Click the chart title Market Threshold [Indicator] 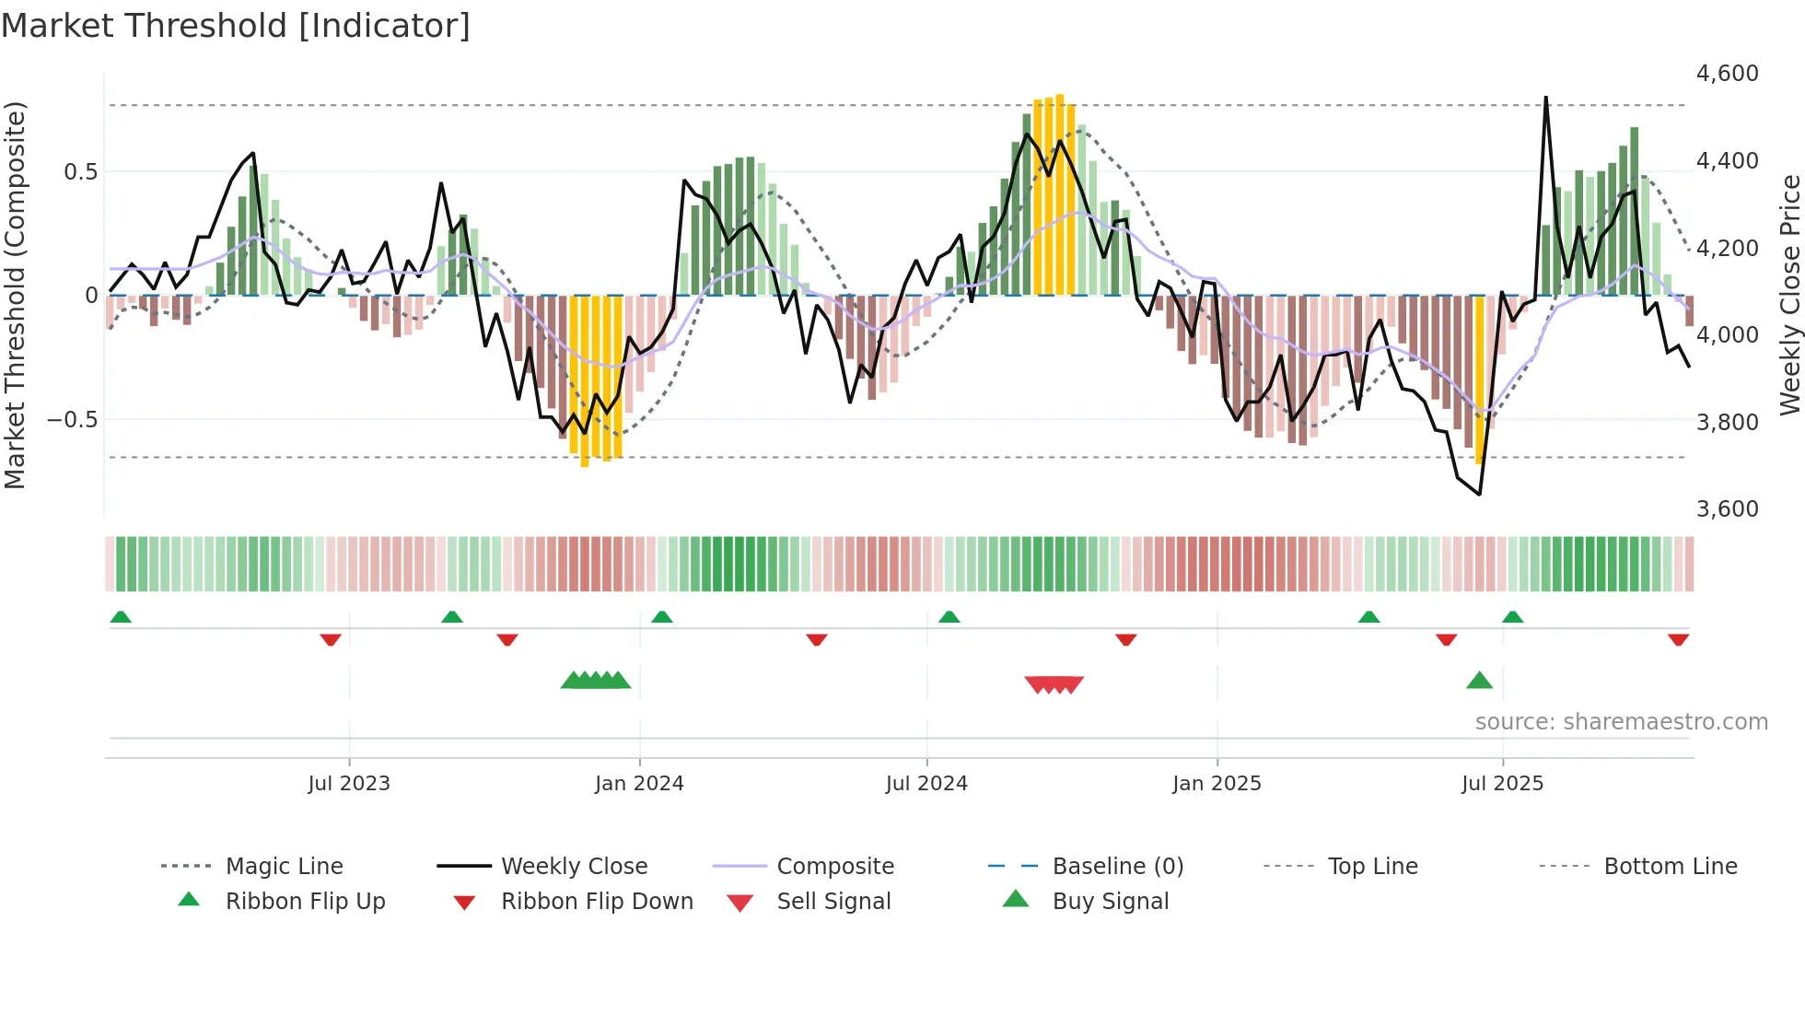(236, 26)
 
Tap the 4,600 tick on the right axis (1727, 74)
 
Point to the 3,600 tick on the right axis (1727, 509)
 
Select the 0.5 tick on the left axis (80, 172)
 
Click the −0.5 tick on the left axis (72, 420)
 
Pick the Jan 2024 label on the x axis (639, 784)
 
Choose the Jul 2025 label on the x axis (1502, 784)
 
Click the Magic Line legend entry (284, 867)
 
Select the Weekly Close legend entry (574, 867)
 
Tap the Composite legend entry (834, 867)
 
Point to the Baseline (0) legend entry (1117, 867)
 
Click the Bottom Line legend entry (1670, 867)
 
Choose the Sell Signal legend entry (833, 902)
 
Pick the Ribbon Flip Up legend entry (305, 902)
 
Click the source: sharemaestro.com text (1621, 722)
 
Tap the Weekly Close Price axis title (1789, 295)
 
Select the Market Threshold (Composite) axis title (15, 295)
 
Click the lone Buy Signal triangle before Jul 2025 (1479, 681)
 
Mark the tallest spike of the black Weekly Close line (1545, 98)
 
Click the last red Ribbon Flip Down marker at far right (1678, 639)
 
